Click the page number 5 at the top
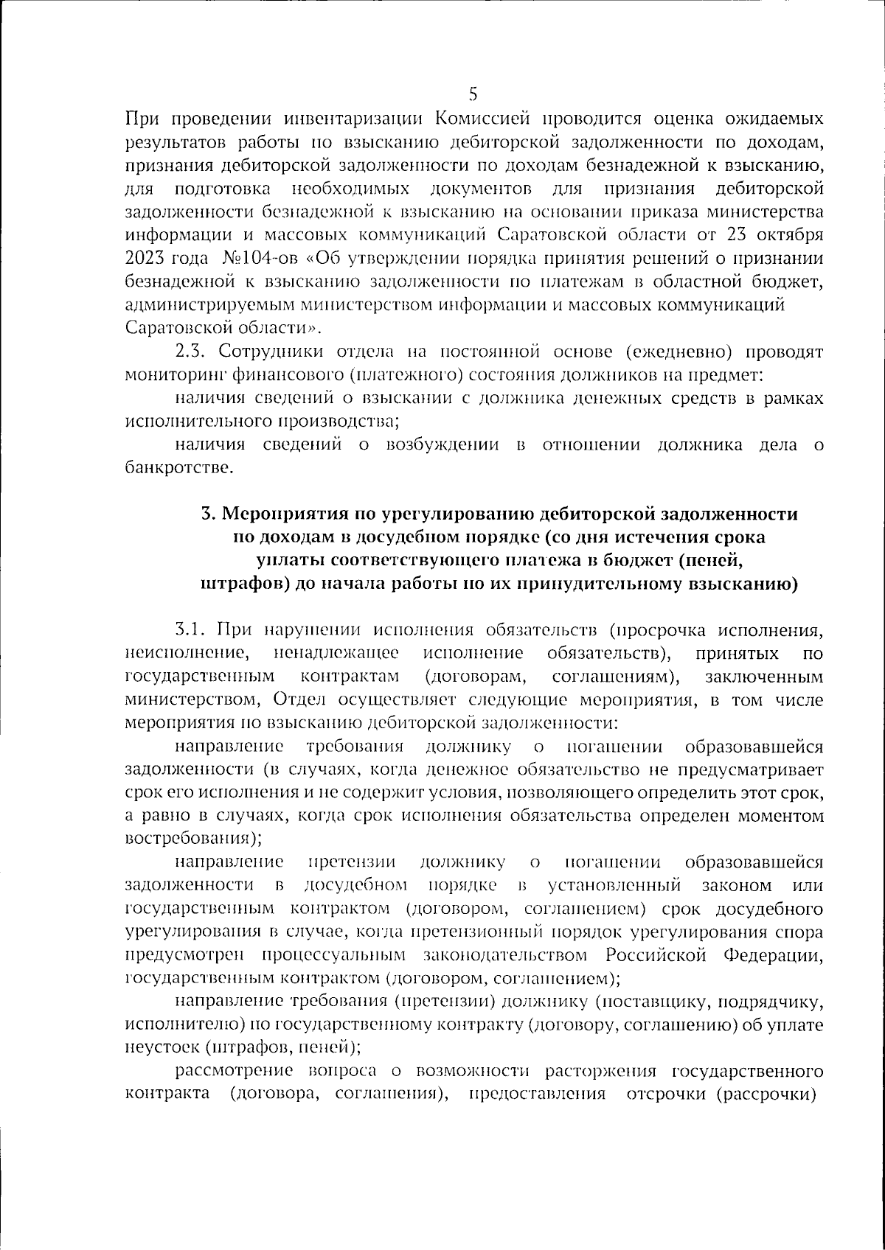473,94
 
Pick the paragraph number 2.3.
192,351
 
